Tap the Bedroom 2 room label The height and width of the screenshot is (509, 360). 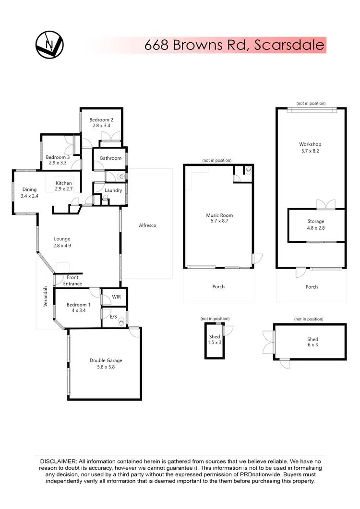pyautogui.click(x=101, y=120)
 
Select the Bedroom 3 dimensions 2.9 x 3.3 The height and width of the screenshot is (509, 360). pyautogui.click(x=58, y=163)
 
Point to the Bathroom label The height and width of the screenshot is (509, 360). pyautogui.click(x=110, y=158)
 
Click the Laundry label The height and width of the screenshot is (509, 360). pyautogui.click(x=113, y=190)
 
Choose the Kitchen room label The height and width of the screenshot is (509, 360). pyautogui.click(x=64, y=183)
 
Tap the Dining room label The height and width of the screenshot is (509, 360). pyautogui.click(x=29, y=189)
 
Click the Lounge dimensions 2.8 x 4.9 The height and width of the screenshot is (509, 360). pyautogui.click(x=62, y=245)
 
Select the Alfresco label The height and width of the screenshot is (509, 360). pyautogui.click(x=147, y=225)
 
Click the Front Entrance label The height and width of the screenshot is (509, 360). pyautogui.click(x=72, y=281)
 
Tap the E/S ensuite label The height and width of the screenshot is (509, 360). pyautogui.click(x=114, y=317)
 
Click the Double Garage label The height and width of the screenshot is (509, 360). pyautogui.click(x=106, y=360)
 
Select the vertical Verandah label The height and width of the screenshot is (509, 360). pyautogui.click(x=47, y=297)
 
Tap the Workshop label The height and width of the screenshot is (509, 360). pyautogui.click(x=310, y=144)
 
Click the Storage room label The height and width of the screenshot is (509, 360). pyautogui.click(x=316, y=222)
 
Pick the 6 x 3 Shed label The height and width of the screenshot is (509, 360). pyautogui.click(x=313, y=345)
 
